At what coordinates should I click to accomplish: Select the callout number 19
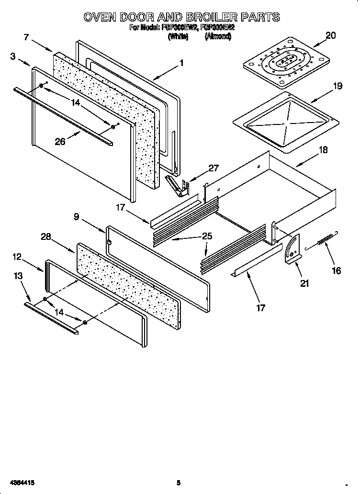pyautogui.click(x=337, y=86)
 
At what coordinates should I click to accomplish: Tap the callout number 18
pyautogui.click(x=323, y=150)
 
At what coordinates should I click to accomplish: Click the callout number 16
pyautogui.click(x=337, y=271)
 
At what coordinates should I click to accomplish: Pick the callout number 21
pyautogui.click(x=304, y=283)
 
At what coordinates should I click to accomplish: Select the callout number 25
pyautogui.click(x=207, y=236)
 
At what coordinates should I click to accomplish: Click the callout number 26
pyautogui.click(x=60, y=142)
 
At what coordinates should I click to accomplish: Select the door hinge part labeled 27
pyautogui.click(x=177, y=185)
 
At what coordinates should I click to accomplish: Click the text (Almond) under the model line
pyautogui.click(x=217, y=36)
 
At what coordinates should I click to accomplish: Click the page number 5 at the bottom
pyautogui.click(x=178, y=483)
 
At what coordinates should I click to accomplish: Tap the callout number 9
pyautogui.click(x=76, y=216)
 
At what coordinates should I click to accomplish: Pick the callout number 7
pyautogui.click(x=27, y=37)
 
